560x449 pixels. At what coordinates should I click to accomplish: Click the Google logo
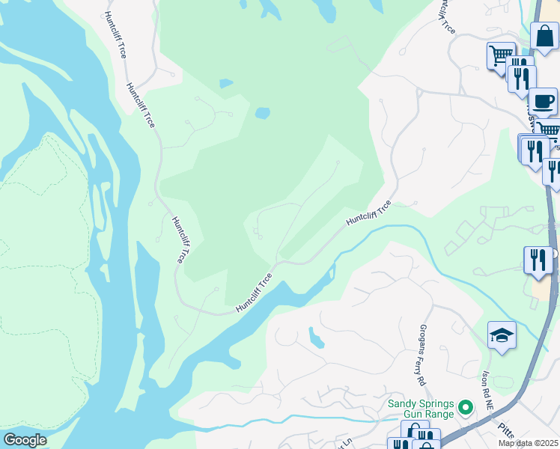click(x=24, y=440)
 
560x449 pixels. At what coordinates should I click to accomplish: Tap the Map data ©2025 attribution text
click(x=529, y=443)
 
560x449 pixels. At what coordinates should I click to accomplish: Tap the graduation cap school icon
click(x=502, y=335)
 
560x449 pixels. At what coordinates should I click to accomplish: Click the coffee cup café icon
click(x=542, y=101)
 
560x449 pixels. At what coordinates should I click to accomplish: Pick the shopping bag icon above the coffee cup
click(x=544, y=35)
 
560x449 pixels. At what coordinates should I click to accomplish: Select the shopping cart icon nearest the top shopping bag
click(x=501, y=55)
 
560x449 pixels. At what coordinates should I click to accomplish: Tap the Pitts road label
click(x=506, y=428)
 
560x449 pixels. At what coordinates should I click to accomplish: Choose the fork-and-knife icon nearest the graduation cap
click(x=538, y=260)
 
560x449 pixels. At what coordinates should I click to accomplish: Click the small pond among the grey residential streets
click(x=317, y=338)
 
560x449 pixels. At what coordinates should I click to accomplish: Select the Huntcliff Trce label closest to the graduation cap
click(x=368, y=214)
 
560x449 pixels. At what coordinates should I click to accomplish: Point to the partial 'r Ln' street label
click(x=345, y=442)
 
